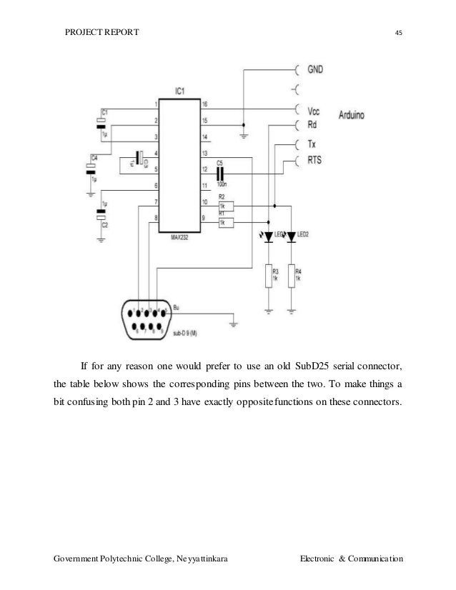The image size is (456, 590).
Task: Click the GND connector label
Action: point(316,70)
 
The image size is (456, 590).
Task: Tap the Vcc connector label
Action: point(314,111)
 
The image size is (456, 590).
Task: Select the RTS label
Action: point(314,161)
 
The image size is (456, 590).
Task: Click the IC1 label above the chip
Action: point(181,91)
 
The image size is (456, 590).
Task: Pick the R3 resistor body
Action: point(269,276)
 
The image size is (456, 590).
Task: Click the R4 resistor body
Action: point(292,276)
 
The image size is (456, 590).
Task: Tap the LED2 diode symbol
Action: point(292,237)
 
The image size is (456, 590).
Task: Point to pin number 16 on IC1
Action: point(204,105)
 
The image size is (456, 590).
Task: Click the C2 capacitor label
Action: point(106,224)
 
